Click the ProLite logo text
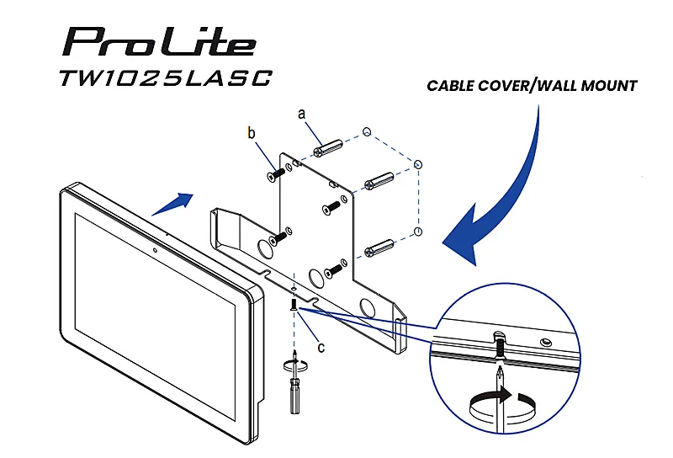(160, 42)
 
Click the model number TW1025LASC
(166, 77)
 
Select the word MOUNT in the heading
(609, 86)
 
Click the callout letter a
(302, 114)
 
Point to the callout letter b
(252, 133)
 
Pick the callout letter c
(321, 346)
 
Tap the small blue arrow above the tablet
(172, 204)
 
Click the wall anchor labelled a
(328, 147)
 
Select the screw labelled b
(276, 174)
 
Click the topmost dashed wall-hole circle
(367, 132)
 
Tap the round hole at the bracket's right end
(367, 306)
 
